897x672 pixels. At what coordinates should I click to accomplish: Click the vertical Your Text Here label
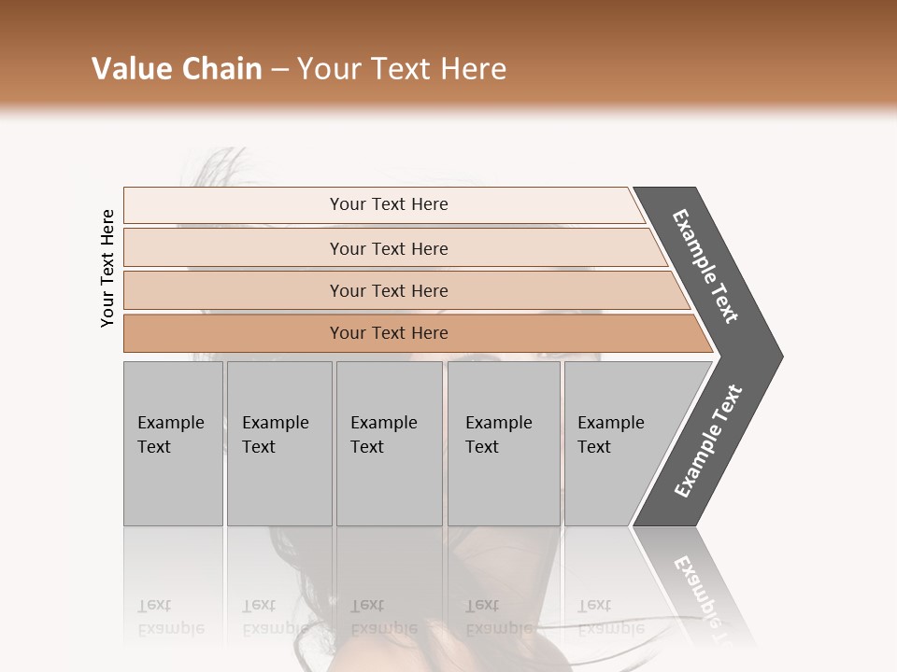point(107,269)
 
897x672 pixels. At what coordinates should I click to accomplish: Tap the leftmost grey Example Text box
point(173,443)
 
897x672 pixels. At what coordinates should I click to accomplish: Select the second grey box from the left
point(278,443)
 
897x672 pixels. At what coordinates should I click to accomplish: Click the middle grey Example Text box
point(389,443)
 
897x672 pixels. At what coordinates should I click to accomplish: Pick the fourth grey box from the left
point(504,443)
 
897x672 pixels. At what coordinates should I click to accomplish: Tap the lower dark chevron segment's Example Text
point(708,441)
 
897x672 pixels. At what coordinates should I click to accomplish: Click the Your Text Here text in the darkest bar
point(389,333)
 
